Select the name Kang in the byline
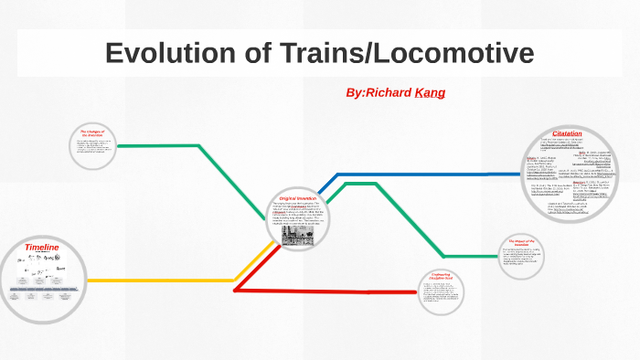[430, 93]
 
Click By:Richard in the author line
[379, 93]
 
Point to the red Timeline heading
[41, 248]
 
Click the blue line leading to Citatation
[430, 174]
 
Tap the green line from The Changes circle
[160, 145]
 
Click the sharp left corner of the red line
[236, 291]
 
